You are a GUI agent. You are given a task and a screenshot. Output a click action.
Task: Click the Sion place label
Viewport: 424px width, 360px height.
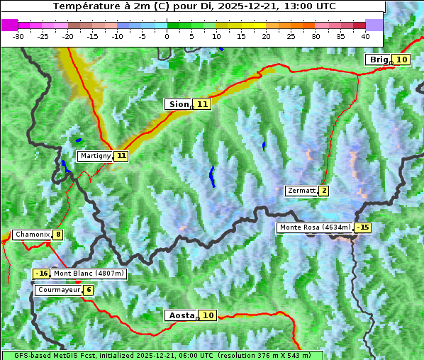pyautogui.click(x=179, y=104)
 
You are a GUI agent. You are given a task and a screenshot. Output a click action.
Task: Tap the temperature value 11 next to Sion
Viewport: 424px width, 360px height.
pyautogui.click(x=203, y=104)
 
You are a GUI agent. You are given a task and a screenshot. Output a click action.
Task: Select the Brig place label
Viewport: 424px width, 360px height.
pyautogui.click(x=379, y=60)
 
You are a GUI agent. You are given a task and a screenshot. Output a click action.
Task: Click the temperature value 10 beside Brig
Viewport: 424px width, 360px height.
pyautogui.click(x=402, y=60)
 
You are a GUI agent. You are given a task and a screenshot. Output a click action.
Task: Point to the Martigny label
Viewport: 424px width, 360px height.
pyautogui.click(x=95, y=156)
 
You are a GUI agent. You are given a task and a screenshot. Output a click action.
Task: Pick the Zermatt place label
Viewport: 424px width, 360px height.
pyautogui.click(x=301, y=191)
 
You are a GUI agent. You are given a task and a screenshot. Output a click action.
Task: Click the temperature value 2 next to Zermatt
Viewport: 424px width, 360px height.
pyautogui.click(x=324, y=191)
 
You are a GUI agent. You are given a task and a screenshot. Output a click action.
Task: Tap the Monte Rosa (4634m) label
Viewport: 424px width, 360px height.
pyautogui.click(x=315, y=227)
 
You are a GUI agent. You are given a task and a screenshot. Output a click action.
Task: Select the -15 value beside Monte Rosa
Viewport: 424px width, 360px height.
pyautogui.click(x=363, y=227)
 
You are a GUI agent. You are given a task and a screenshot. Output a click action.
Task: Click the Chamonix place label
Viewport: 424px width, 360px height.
pyautogui.click(x=32, y=235)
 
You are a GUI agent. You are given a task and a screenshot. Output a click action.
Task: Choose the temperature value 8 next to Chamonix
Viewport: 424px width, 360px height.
pyautogui.click(x=57, y=235)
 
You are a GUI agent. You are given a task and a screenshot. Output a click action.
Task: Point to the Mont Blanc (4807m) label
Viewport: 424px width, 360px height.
pyautogui.click(x=89, y=274)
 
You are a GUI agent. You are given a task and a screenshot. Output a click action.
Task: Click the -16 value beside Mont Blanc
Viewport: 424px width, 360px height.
pyautogui.click(x=42, y=274)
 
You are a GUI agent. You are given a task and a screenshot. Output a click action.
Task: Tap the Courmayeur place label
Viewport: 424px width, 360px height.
pyautogui.click(x=58, y=290)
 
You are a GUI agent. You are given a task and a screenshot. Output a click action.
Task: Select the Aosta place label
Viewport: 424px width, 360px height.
pyautogui.click(x=180, y=315)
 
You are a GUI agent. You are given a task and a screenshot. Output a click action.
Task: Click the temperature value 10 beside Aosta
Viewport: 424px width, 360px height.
pyautogui.click(x=208, y=315)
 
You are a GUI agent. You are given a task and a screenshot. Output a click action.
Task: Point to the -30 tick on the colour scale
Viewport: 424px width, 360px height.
pyautogui.click(x=18, y=35)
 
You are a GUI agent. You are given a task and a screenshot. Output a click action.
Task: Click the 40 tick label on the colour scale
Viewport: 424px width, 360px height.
pyautogui.click(x=365, y=35)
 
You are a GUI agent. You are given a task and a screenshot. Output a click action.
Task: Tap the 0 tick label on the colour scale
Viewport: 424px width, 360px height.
pyautogui.click(x=167, y=35)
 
